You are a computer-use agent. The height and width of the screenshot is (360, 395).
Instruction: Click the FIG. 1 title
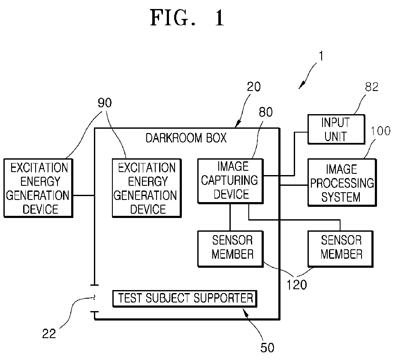click(x=187, y=18)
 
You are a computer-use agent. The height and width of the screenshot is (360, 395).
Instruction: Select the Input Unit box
click(x=336, y=129)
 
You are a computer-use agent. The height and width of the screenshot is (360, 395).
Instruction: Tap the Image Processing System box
click(x=342, y=182)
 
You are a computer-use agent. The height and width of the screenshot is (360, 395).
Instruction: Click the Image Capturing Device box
click(x=230, y=181)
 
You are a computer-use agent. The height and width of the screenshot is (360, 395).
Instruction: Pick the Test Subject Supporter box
click(x=185, y=299)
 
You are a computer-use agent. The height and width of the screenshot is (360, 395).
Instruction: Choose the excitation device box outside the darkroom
click(x=38, y=188)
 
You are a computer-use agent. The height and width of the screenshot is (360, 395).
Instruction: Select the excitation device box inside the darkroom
click(x=147, y=188)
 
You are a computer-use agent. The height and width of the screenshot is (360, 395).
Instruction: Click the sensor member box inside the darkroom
click(x=230, y=248)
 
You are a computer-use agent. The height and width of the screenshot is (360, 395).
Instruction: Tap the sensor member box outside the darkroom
click(x=341, y=248)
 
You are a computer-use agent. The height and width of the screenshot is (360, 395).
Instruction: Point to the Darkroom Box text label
click(x=186, y=138)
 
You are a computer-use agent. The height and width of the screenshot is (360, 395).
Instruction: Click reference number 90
click(x=105, y=103)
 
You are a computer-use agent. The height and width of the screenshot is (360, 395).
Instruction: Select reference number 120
click(x=297, y=285)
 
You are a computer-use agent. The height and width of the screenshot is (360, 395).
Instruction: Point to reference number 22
click(x=49, y=334)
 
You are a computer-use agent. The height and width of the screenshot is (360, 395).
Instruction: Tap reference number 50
click(x=267, y=348)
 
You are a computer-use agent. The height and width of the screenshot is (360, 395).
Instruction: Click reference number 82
click(x=372, y=87)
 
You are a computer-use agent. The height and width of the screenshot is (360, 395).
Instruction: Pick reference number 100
click(x=380, y=131)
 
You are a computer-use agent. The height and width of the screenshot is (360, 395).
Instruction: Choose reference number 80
click(x=266, y=112)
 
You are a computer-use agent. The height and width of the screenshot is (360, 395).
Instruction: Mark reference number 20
click(x=253, y=87)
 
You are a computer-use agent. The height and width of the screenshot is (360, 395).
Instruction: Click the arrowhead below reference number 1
click(x=301, y=86)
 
